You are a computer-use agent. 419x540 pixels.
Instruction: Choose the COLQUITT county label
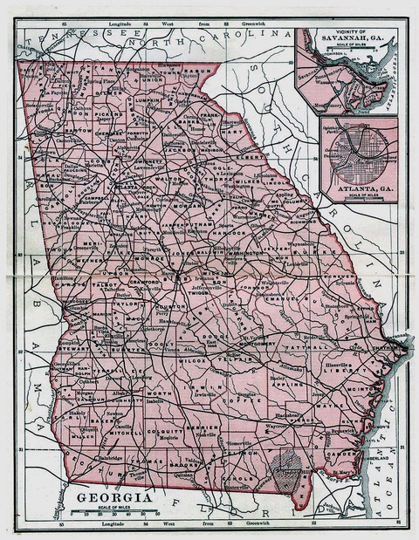point(166,431)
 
